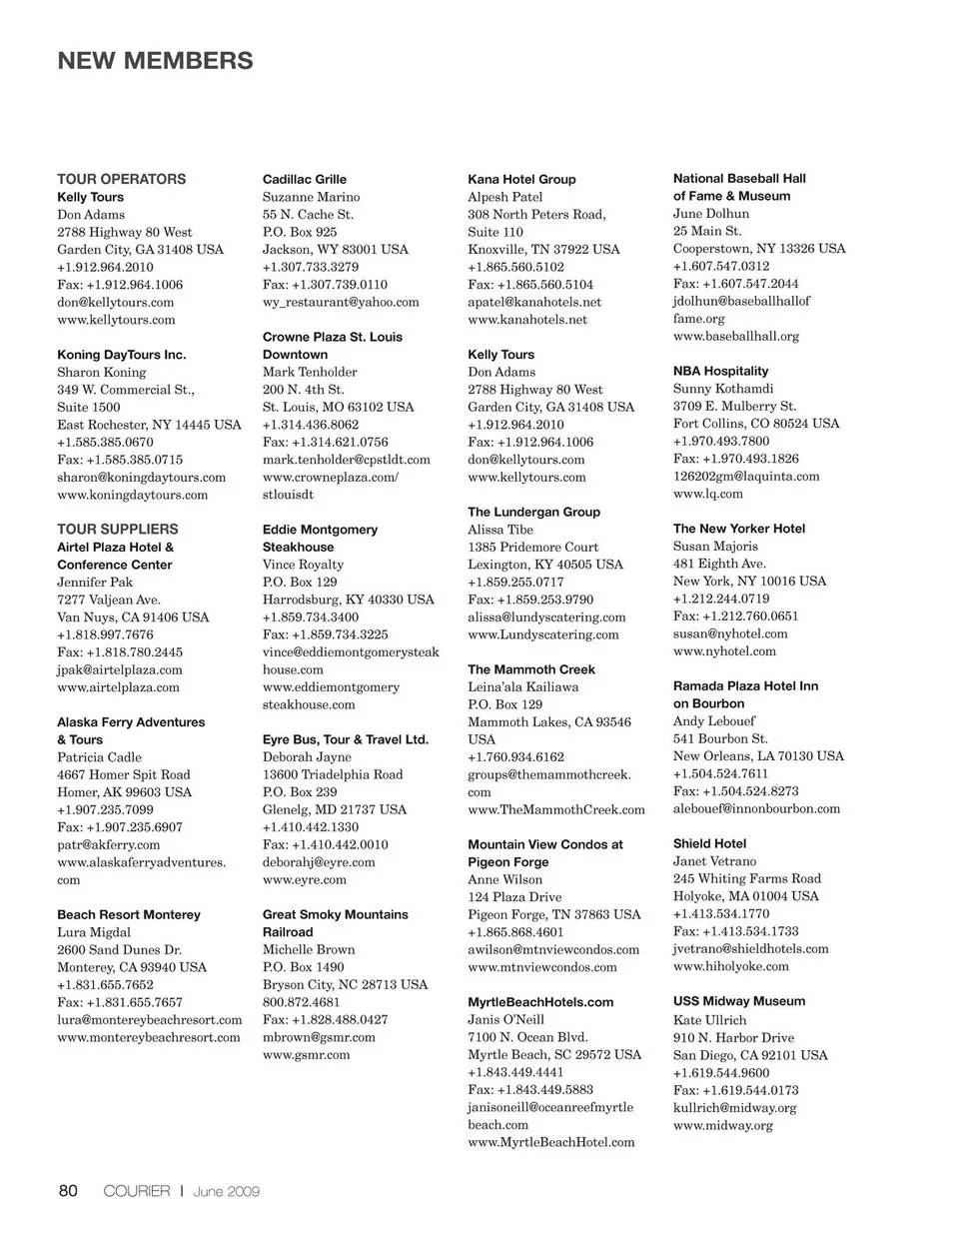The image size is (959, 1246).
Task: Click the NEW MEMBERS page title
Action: (155, 61)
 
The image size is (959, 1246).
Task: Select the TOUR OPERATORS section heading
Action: (121, 179)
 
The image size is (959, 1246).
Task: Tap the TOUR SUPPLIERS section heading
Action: (117, 529)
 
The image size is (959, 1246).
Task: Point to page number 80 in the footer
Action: (68, 1190)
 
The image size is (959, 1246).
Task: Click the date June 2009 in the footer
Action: (227, 1191)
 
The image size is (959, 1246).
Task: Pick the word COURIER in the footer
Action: (137, 1191)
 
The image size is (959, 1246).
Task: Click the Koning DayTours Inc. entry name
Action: (121, 355)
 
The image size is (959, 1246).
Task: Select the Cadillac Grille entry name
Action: (304, 179)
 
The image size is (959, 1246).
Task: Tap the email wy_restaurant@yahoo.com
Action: (340, 302)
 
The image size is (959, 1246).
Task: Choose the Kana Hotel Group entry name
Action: (521, 179)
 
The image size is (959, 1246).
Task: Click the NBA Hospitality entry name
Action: (720, 371)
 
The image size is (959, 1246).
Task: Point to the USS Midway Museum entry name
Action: (738, 1001)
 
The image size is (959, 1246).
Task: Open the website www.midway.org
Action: (722, 1125)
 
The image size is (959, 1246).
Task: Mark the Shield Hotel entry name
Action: (709, 843)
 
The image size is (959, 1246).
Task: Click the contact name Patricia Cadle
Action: (99, 757)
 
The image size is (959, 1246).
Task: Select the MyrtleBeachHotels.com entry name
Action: (540, 1002)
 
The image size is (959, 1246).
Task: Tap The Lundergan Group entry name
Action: (533, 512)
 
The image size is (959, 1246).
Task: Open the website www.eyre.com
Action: (304, 879)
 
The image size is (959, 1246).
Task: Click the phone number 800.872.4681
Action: (301, 1002)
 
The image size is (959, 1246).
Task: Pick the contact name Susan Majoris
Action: (714, 547)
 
